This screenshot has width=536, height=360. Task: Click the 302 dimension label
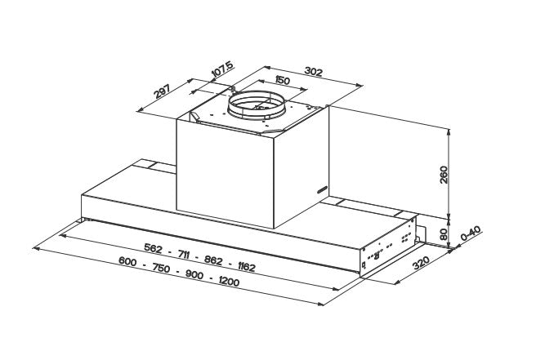click(314, 71)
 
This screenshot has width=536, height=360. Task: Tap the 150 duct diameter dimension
click(283, 81)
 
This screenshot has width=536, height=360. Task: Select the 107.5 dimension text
click(223, 69)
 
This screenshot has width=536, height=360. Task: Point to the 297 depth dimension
click(162, 91)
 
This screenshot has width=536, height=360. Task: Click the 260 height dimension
click(444, 175)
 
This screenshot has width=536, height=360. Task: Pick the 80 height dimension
click(444, 234)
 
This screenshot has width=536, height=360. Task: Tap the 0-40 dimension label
click(471, 233)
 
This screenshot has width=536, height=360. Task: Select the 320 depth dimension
click(421, 263)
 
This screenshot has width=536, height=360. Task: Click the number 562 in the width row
click(153, 248)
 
